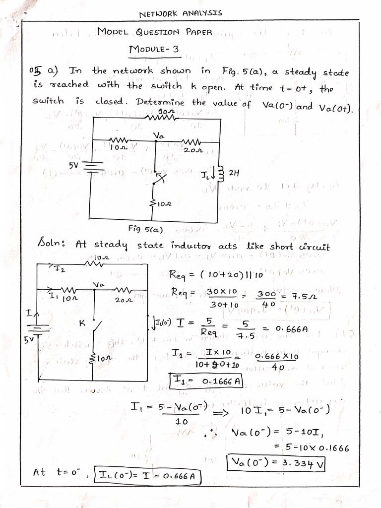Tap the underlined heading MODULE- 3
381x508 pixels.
(150, 50)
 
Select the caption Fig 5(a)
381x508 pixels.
(147, 229)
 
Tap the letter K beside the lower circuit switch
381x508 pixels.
(81, 323)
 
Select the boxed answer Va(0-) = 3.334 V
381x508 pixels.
(276, 464)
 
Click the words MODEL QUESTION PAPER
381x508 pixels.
(155, 32)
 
